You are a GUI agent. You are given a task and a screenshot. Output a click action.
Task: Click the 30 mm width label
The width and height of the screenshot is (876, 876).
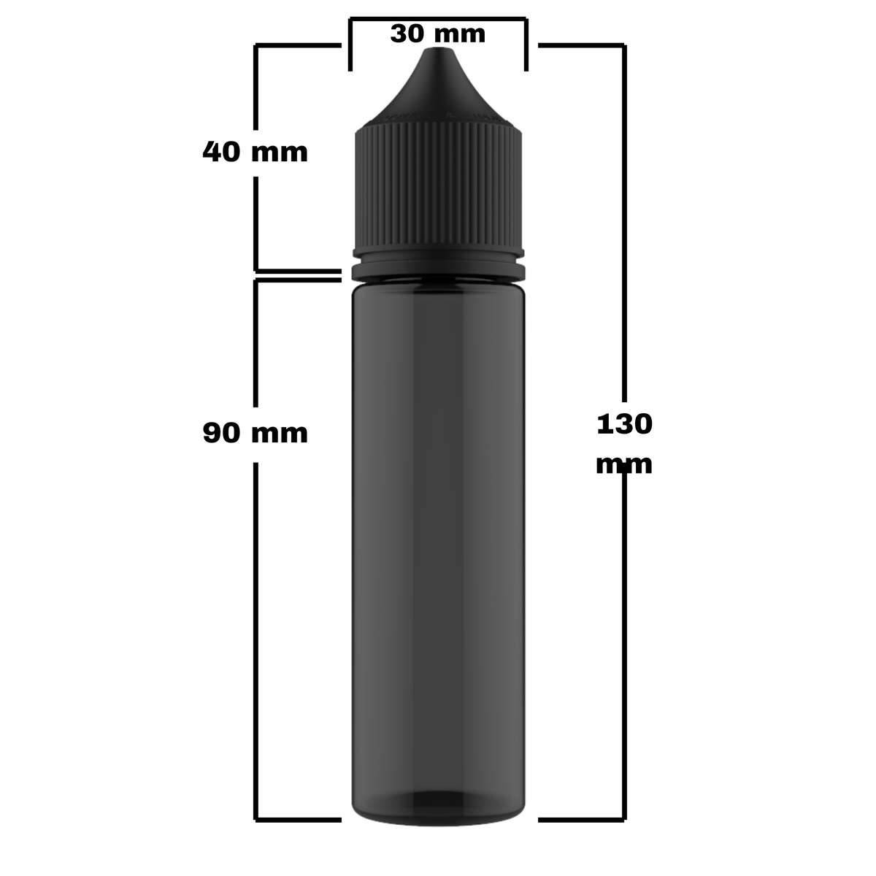click(437, 34)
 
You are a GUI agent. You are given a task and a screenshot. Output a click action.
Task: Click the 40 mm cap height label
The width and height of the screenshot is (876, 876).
click(255, 153)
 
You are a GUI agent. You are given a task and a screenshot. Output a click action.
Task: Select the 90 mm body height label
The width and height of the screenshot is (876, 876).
click(255, 433)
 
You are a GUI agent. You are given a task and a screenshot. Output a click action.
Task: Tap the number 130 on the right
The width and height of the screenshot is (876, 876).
click(624, 424)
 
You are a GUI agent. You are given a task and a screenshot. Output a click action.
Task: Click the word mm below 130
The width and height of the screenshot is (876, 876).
click(623, 464)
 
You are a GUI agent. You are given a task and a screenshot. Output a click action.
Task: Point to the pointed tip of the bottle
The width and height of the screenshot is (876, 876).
click(438, 51)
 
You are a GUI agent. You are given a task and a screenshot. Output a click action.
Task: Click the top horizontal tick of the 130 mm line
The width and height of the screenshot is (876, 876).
click(581, 46)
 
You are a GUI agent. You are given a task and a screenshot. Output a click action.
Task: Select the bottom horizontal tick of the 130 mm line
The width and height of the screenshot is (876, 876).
click(581, 820)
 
